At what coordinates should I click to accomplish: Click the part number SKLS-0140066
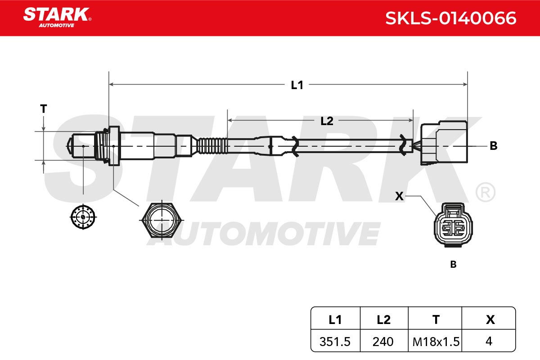(x=450, y=18)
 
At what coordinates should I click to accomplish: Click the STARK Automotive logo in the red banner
(x=57, y=18)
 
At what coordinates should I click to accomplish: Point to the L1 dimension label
(x=297, y=85)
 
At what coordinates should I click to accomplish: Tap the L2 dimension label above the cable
(x=327, y=121)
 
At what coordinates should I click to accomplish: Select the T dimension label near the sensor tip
(x=43, y=109)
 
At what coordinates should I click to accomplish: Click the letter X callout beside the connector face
(x=399, y=196)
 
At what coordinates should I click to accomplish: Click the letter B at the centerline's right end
(x=494, y=146)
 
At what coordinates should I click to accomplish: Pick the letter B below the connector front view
(x=453, y=265)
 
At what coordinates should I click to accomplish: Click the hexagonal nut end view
(x=162, y=220)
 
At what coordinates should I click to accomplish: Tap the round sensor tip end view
(x=83, y=217)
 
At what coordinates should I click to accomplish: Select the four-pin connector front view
(x=453, y=225)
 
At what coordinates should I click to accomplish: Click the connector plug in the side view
(x=444, y=143)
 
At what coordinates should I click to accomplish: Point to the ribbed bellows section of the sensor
(x=212, y=146)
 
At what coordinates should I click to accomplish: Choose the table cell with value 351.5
(x=335, y=341)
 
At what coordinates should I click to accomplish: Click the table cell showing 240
(x=384, y=341)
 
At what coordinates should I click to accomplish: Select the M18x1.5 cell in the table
(x=435, y=341)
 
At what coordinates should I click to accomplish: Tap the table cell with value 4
(x=489, y=341)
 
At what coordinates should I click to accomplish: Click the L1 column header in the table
(x=335, y=319)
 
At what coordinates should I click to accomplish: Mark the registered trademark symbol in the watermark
(x=486, y=192)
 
